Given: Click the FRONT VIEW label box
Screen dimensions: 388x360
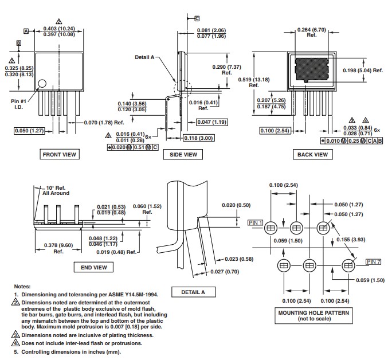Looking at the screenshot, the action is (x=60, y=154).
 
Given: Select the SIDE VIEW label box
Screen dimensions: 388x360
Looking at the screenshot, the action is (x=183, y=154).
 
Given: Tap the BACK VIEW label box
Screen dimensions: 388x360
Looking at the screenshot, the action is (x=312, y=154).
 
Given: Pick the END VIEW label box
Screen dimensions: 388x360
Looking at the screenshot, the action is (x=93, y=267).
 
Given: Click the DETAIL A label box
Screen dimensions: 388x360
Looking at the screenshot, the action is (x=193, y=292).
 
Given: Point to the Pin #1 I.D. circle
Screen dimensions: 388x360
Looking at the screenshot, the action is (x=42, y=83).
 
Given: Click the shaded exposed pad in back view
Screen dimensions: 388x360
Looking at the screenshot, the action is (x=312, y=70).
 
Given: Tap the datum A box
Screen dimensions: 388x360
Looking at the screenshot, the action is (x=26, y=31).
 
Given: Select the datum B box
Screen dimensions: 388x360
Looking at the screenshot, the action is (x=18, y=43).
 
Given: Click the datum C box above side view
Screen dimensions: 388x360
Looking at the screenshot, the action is (x=197, y=18).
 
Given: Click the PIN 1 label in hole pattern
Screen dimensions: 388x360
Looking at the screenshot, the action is (x=255, y=222).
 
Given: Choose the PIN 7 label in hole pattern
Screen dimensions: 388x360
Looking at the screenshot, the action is (x=374, y=261).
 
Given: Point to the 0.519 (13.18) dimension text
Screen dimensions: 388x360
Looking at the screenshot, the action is (x=254, y=82).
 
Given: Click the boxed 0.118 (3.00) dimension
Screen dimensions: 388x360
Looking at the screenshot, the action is (x=199, y=138).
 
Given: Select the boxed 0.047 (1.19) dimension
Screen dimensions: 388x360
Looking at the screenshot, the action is (x=212, y=122).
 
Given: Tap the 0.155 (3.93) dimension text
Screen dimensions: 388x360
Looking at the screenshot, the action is (x=351, y=240).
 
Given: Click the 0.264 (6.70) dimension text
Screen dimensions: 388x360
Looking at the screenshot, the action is (x=312, y=32).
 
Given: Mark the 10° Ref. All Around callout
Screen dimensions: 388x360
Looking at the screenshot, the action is (x=56, y=190).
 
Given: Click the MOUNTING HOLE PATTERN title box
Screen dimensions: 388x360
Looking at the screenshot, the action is (x=313, y=315).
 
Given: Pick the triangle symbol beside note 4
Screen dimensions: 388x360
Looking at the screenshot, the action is (x=15, y=343).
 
